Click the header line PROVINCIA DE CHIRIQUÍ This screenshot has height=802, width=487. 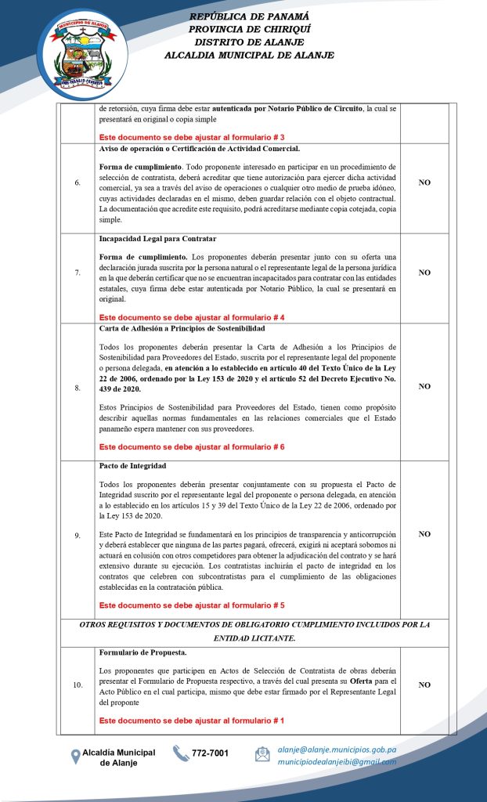point(249,29)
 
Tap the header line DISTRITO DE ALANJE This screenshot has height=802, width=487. point(249,42)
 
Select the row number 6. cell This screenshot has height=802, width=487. point(78,183)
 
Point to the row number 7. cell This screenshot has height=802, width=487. point(78,273)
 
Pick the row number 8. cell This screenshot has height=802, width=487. point(78,386)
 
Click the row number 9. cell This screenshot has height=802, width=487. point(78,535)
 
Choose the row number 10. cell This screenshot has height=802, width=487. point(78,685)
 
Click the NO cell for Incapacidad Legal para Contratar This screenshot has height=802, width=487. point(424,273)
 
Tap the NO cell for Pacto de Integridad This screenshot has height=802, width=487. point(424,534)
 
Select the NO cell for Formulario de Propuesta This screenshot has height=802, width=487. point(424,685)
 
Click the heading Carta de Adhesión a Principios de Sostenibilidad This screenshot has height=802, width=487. point(182,328)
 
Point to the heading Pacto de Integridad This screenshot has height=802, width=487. point(132,466)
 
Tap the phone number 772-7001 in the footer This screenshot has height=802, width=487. point(211,753)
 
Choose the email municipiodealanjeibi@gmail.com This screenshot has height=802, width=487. point(337,761)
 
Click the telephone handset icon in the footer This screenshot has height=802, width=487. point(180,753)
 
